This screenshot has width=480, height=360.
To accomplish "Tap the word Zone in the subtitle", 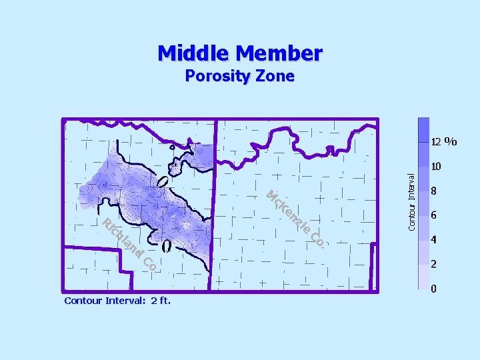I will pyautogui.click(x=273, y=76).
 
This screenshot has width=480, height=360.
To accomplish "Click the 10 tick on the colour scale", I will pyautogui.click(x=437, y=167).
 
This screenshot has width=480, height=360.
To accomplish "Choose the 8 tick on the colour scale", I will pyautogui.click(x=434, y=191).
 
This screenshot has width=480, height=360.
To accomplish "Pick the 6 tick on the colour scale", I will pyautogui.click(x=434, y=215).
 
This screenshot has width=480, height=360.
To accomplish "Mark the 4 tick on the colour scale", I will pyautogui.click(x=434, y=239).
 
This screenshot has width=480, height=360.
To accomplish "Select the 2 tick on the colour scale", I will pyautogui.click(x=434, y=264).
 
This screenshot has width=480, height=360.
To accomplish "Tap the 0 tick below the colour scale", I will pyautogui.click(x=434, y=289).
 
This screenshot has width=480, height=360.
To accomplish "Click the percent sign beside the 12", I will pyautogui.click(x=451, y=141).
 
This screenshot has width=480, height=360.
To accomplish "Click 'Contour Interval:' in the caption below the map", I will pyautogui.click(x=103, y=301).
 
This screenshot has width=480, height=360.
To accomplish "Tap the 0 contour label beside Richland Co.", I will pyautogui.click(x=166, y=247).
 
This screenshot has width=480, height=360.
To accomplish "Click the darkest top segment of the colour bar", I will pyautogui.click(x=423, y=130).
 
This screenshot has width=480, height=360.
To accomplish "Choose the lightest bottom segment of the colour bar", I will pyautogui.click(x=423, y=283).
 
